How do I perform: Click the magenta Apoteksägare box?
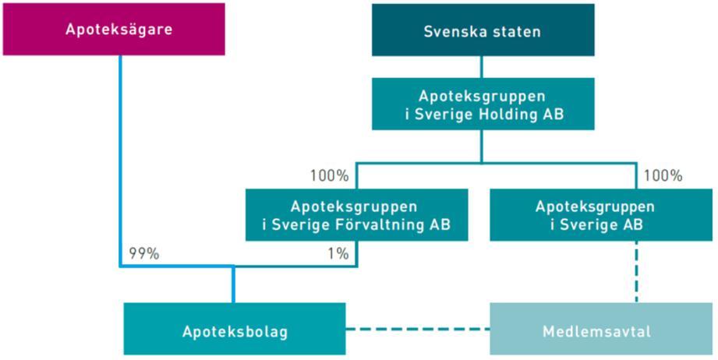tap(114, 30)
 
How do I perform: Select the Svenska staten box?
tap(483, 30)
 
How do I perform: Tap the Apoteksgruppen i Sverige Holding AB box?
tap(483, 104)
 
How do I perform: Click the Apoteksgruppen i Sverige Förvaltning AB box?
tap(357, 215)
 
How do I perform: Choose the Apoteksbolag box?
tap(235, 328)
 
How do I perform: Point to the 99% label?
tap(143, 254)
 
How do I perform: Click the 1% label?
tap(338, 254)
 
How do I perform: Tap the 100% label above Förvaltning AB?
tap(329, 175)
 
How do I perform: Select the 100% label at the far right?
tap(663, 175)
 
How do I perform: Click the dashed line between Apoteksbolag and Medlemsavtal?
tap(418, 328)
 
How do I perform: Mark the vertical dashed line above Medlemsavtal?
tap(636, 272)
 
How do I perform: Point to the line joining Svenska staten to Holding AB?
tap(481, 67)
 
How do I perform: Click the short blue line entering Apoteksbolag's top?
tap(233, 284)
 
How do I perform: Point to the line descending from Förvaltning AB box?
tap(357, 253)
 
